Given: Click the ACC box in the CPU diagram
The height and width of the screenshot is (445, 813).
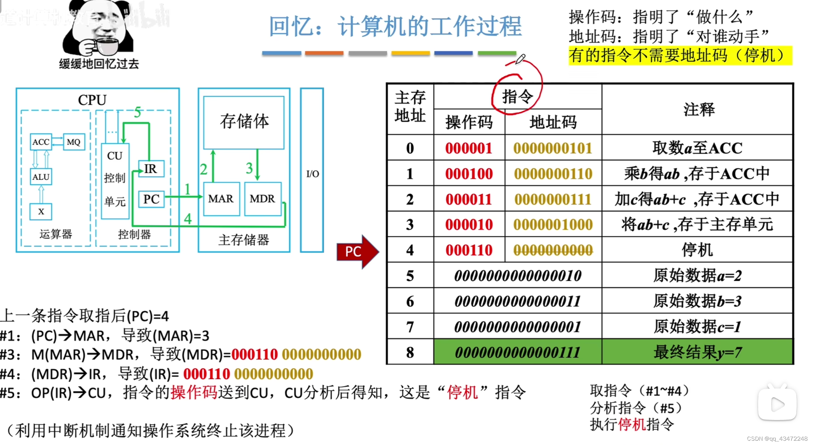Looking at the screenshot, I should [x=41, y=142].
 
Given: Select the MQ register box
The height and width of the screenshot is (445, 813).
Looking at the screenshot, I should [x=74, y=142].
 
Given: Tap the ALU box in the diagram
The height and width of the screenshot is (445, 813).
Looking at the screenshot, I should [x=41, y=177].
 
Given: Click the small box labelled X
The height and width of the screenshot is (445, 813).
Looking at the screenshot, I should [x=41, y=211].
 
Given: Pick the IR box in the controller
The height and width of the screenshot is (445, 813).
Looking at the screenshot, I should [x=151, y=169].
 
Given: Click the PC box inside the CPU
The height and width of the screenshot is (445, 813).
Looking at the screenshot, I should [x=151, y=199].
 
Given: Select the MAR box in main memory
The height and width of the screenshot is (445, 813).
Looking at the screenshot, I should [x=221, y=199].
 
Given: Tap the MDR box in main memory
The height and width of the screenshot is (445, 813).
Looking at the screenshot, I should [x=263, y=199].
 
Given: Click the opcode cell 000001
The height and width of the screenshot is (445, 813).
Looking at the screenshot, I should [x=469, y=148].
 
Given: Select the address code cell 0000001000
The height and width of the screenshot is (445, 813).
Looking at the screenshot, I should [x=553, y=225].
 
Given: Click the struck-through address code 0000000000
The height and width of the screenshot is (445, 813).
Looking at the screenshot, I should [x=553, y=250].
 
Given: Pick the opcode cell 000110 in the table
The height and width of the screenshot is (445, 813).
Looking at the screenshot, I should [x=469, y=250].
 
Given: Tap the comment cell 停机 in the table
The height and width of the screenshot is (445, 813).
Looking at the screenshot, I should [x=697, y=250].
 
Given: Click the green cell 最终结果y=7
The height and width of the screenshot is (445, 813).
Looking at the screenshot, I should [x=697, y=352].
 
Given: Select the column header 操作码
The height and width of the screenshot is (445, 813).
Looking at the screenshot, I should [x=469, y=122].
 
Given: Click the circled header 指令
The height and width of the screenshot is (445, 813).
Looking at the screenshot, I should [x=517, y=97].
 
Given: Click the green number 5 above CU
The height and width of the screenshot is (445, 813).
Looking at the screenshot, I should [x=138, y=112].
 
